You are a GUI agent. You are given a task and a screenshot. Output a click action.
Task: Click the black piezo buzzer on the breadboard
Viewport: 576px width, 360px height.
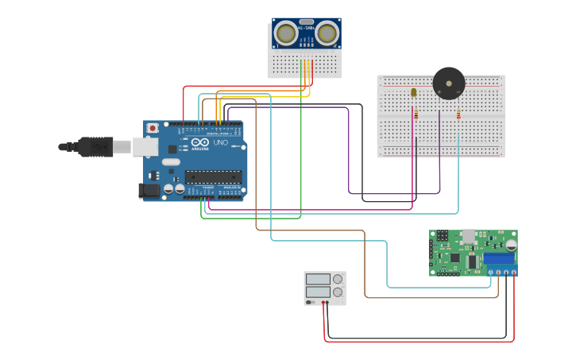click(449, 83)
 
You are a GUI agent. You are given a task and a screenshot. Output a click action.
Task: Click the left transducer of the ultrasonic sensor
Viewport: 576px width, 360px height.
click(285, 33)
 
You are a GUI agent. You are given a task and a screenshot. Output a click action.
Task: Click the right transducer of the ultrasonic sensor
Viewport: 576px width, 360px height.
click(326, 33)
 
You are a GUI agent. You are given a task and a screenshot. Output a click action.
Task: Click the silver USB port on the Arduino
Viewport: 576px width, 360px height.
click(145, 146)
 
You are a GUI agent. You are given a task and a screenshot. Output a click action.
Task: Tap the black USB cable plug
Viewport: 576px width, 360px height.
click(95, 146)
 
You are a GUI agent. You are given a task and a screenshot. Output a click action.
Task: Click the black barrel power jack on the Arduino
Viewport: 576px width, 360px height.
click(148, 190)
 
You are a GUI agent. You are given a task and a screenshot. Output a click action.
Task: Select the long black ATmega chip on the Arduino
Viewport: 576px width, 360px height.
click(213, 176)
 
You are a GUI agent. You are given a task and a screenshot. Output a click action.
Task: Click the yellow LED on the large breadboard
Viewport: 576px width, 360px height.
click(413, 93)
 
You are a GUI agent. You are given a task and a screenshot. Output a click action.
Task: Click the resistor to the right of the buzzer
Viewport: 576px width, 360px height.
click(458, 115)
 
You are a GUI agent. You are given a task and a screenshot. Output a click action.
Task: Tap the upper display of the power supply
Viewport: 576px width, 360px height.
click(317, 279)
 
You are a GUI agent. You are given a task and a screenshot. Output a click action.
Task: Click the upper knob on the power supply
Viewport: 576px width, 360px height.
click(338, 279)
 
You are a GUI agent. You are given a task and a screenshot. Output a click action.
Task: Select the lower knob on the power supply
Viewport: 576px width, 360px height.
click(338, 292)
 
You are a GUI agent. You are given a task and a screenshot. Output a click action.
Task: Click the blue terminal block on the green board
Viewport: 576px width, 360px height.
click(499, 258)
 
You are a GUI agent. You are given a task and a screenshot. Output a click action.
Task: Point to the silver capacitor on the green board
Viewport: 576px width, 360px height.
click(511, 245)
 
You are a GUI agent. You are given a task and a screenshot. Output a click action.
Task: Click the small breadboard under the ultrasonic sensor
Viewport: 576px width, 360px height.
click(305, 64)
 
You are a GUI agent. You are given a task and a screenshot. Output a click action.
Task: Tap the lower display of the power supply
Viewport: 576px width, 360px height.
click(317, 292)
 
